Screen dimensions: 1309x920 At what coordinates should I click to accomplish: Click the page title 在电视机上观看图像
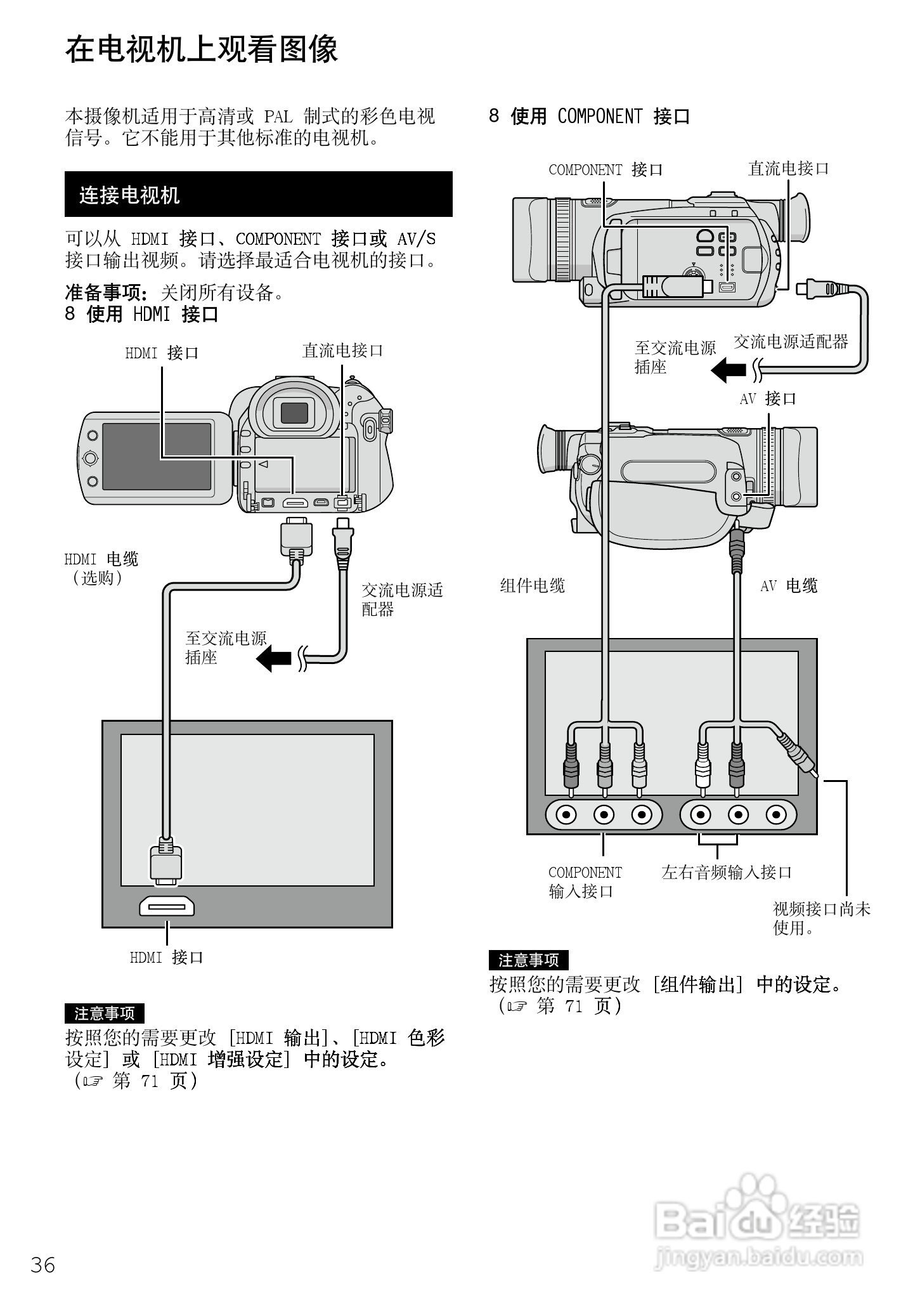click(202, 49)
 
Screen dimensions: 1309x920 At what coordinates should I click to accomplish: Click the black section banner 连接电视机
click(258, 195)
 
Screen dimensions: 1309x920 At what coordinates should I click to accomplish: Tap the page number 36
click(43, 1264)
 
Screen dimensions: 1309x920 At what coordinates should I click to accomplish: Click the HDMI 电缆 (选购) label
click(101, 568)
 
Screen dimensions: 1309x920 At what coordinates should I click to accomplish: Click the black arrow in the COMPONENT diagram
click(729, 369)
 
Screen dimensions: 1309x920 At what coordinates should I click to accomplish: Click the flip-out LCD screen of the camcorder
click(156, 457)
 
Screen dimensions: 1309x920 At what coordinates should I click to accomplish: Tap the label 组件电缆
click(532, 585)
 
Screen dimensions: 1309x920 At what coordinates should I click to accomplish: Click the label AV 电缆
click(788, 586)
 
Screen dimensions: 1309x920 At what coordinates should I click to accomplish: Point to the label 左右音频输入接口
click(727, 872)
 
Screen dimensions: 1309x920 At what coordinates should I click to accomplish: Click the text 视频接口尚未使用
click(820, 918)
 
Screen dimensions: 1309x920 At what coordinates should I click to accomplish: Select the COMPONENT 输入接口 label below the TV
click(585, 882)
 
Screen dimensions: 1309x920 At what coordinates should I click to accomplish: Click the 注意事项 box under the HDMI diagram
click(104, 1013)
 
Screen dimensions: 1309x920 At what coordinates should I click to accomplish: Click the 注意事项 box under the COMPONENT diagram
click(528, 960)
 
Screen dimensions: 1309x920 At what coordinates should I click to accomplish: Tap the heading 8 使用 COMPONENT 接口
click(589, 116)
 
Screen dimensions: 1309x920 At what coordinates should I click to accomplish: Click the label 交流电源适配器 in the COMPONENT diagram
click(791, 342)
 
